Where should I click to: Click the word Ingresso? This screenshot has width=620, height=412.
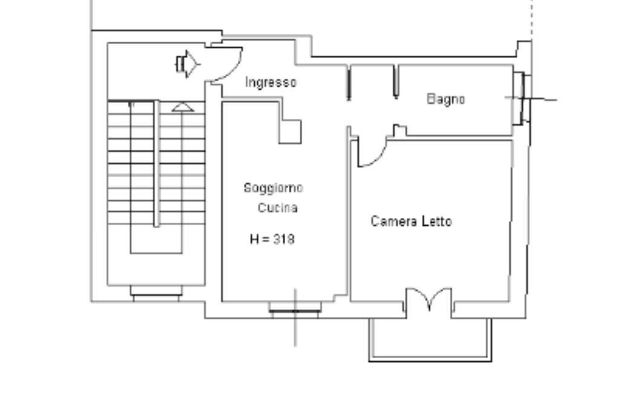click(x=271, y=82)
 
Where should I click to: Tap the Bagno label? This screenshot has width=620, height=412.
click(x=446, y=99)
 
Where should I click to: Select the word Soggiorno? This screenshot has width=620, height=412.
click(x=273, y=188)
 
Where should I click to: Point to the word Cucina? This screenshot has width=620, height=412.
click(x=277, y=208)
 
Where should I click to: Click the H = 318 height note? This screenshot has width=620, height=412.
click(x=272, y=239)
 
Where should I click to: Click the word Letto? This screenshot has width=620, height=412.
click(x=437, y=221)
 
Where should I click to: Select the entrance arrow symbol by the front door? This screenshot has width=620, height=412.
click(x=188, y=64)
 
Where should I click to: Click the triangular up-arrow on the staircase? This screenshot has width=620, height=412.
click(x=183, y=107)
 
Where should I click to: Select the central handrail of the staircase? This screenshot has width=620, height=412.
click(x=157, y=163)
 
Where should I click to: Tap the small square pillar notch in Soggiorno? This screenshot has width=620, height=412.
click(x=290, y=131)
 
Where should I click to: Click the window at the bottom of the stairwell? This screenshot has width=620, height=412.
click(x=156, y=294)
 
